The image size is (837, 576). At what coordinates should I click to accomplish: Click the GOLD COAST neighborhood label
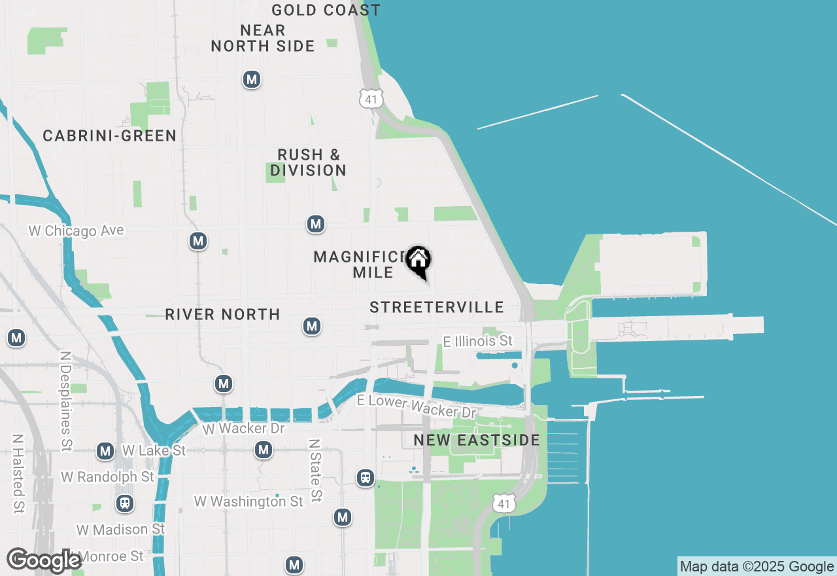pos(326,10)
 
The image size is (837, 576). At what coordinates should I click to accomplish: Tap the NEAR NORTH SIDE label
pos(263,38)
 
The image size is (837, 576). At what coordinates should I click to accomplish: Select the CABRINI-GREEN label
pos(109,135)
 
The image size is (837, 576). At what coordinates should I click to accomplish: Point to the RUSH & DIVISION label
pos(309,162)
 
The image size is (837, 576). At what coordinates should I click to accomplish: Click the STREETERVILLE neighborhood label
pos(437,307)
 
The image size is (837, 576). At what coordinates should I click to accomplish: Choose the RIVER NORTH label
pos(222,314)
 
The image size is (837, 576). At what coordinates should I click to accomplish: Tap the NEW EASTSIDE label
pos(477,441)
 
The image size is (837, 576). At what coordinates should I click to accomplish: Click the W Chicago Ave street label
pos(76,230)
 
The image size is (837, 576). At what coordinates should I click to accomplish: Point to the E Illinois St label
pos(478,341)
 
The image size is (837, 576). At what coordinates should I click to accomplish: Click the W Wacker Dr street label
pos(243,429)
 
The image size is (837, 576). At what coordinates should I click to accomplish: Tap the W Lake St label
pos(154,450)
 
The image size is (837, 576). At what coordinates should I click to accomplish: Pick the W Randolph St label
pos(107,477)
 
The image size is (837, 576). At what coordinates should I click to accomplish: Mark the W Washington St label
pos(248,501)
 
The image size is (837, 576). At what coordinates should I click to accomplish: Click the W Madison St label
pos(121,528)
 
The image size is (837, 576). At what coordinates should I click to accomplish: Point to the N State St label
pos(315,470)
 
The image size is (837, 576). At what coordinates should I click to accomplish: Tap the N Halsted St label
pos(18,473)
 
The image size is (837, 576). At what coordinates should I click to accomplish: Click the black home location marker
pos(418,261)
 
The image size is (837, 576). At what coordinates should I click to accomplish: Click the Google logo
pos(44,561)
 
